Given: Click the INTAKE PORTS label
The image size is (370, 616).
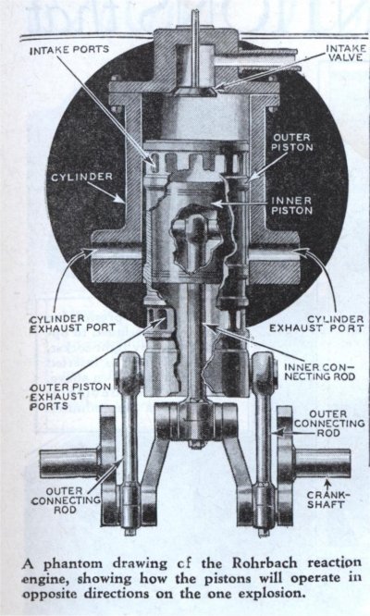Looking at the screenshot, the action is click(69, 50).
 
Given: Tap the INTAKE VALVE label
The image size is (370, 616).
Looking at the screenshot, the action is click(346, 53).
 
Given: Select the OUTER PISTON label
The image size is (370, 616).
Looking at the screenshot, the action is click(292, 142).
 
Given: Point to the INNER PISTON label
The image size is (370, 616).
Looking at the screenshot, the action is click(291, 205).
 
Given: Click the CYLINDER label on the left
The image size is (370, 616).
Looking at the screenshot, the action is click(81, 178).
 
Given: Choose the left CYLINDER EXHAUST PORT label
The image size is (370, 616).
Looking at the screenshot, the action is click(72, 324).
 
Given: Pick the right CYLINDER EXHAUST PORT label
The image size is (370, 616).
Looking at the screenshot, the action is click(316, 324).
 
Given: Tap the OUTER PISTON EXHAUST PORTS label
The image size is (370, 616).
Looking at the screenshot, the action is click(70, 397).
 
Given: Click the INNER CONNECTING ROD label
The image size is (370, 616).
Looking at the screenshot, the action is click(319, 372).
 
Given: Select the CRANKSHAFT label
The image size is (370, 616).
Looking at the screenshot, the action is click(325, 499).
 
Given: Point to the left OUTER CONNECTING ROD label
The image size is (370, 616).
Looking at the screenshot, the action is click(66, 500).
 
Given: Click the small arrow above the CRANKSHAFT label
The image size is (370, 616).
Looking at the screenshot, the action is click(326, 482).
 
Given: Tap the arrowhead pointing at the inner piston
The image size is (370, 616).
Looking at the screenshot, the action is click(218, 203).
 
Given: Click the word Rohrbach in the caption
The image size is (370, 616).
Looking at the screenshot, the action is click(265, 563).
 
